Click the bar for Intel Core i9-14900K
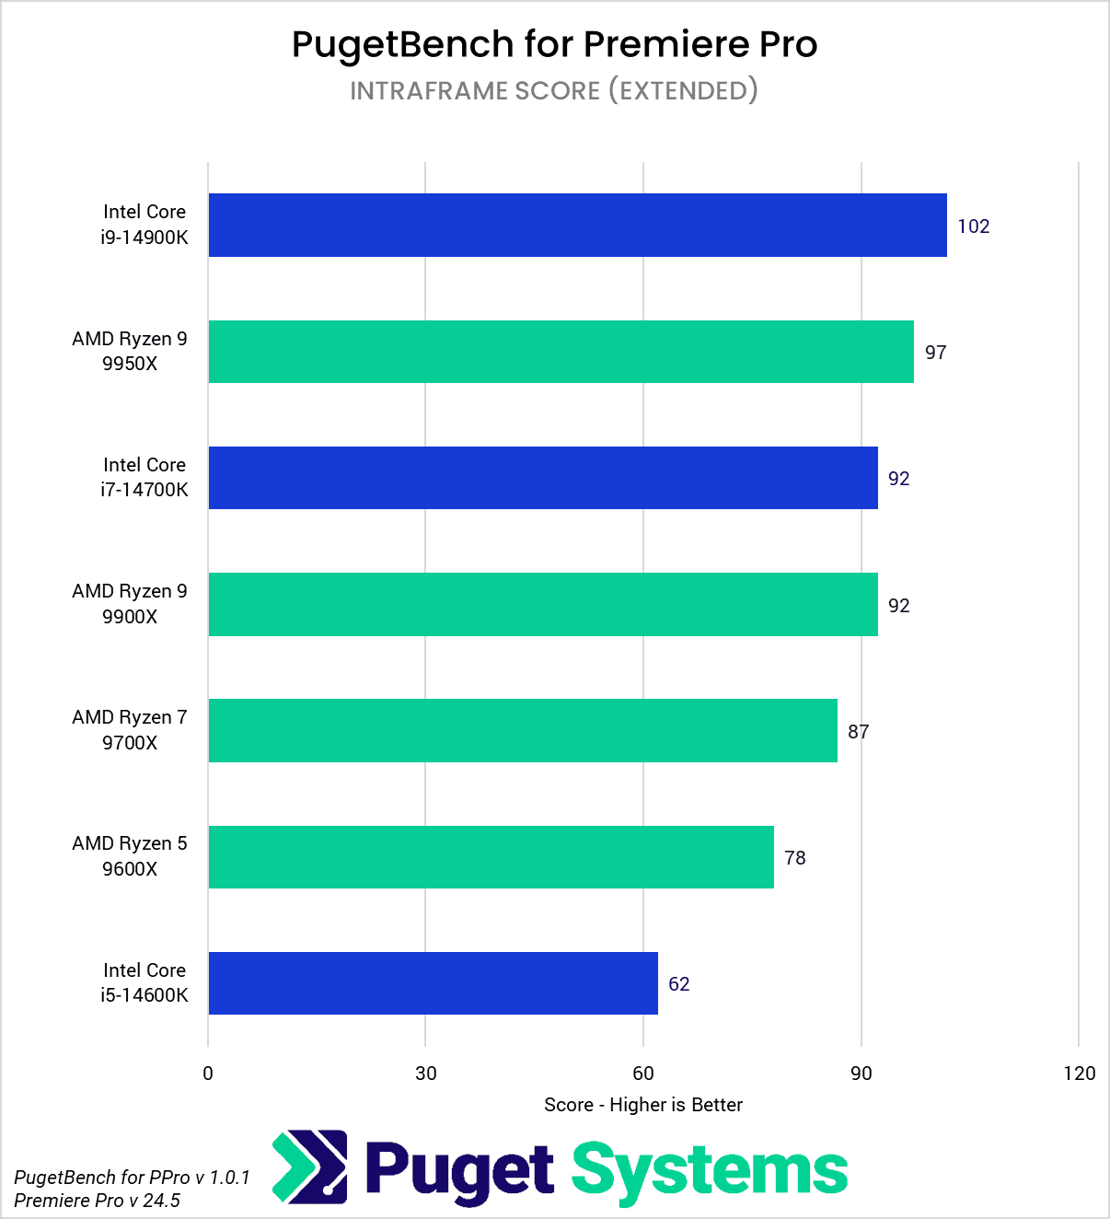(577, 225)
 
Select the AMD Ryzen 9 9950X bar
(561, 352)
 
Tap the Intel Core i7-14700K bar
(543, 478)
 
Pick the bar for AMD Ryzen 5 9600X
(491, 857)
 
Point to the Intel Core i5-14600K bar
(433, 983)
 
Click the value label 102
(973, 226)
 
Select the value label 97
(935, 353)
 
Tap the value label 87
(858, 732)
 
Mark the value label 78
(794, 858)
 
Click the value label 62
(678, 984)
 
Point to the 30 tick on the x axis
(425, 1073)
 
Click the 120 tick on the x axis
(1079, 1073)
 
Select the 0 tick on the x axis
(208, 1073)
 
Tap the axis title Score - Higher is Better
(642, 1105)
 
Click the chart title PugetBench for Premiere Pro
(554, 44)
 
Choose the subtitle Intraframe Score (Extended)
(554, 90)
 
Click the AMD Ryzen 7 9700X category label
(130, 730)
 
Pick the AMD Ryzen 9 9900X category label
(130, 604)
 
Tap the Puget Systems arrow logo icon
(310, 1167)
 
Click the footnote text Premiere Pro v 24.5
(97, 1201)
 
